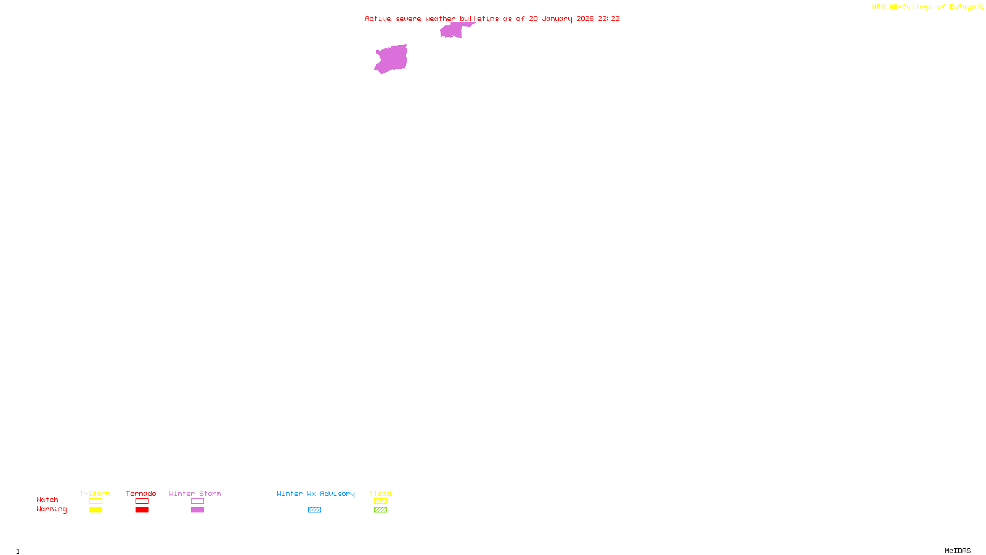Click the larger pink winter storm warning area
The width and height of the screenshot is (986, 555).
(391, 59)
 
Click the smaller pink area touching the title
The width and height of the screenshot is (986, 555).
(452, 30)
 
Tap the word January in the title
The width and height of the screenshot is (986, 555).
(557, 18)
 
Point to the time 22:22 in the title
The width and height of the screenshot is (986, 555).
(609, 18)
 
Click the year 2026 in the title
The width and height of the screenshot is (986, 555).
(585, 18)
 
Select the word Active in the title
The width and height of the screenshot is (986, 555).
(378, 18)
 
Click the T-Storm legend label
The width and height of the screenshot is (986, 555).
(95, 493)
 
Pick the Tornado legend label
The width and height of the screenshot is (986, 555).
(141, 493)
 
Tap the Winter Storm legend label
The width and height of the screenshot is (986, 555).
(195, 493)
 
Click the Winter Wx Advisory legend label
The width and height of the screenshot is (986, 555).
(316, 493)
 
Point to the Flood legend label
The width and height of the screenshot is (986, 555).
(380, 493)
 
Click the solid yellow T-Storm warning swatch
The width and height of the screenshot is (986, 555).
(96, 510)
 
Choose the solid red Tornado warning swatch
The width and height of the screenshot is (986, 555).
(142, 510)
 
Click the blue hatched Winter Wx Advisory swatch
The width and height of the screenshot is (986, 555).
(314, 510)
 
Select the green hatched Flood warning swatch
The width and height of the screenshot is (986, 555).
(381, 510)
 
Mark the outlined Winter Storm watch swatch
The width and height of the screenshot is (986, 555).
(197, 501)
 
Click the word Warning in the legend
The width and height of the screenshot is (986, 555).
(52, 509)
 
